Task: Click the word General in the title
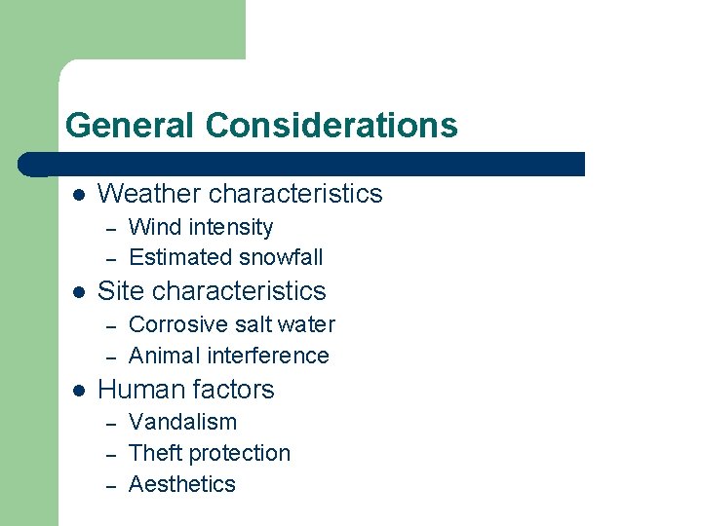tap(131, 126)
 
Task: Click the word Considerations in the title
tap(331, 126)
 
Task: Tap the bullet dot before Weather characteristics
tap(78, 195)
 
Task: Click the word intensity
tap(231, 228)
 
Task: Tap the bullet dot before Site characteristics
tap(78, 292)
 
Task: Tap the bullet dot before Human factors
tap(78, 391)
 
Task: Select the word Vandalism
tap(183, 423)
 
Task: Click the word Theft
tap(156, 454)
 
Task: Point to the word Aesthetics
tap(182, 485)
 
